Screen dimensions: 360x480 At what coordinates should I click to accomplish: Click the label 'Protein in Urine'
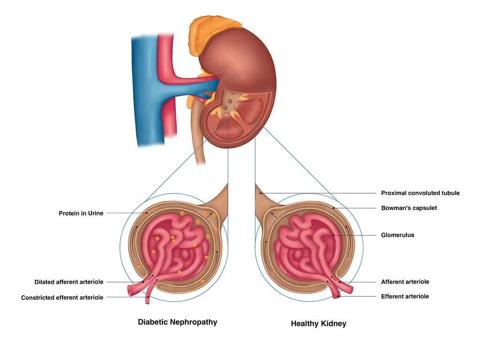click(x=81, y=214)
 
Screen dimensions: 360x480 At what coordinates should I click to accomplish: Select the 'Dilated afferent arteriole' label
click(x=68, y=282)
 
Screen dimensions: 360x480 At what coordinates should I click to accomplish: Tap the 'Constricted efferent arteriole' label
click(x=62, y=298)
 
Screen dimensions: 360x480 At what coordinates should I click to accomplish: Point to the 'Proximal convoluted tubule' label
click(x=420, y=193)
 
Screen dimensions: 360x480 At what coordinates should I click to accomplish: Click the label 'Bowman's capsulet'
click(x=409, y=208)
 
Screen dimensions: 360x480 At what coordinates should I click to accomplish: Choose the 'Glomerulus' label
click(x=397, y=235)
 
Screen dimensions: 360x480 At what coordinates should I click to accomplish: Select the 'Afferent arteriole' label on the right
click(x=405, y=282)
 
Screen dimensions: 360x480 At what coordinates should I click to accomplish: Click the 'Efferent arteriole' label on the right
click(x=405, y=296)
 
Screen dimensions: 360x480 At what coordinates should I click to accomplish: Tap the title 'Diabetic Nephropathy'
click(x=177, y=322)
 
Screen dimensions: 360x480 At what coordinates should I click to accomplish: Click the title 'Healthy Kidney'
click(x=318, y=323)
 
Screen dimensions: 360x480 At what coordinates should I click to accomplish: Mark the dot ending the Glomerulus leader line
click(x=333, y=235)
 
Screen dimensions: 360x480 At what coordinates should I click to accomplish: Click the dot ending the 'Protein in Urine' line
click(x=148, y=213)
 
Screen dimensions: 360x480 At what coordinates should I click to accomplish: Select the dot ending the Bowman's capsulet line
click(x=333, y=208)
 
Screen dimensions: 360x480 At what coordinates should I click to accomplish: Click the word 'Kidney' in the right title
click(x=333, y=323)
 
